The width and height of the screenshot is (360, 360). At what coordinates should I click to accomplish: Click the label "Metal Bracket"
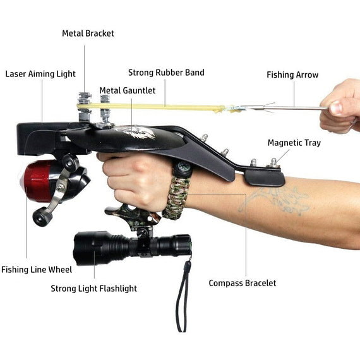[88, 33]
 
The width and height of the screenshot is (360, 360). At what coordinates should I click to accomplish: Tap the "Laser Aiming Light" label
[40, 74]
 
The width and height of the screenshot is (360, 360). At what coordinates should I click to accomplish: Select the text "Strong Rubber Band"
[166, 73]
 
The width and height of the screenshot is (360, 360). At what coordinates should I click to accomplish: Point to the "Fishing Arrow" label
[292, 75]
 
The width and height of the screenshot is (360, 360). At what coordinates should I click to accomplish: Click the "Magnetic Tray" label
[294, 143]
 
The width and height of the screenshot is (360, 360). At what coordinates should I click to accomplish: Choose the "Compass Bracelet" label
[243, 283]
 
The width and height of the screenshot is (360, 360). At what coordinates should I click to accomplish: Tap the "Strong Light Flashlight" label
[93, 289]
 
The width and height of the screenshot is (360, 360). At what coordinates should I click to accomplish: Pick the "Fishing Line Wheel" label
[37, 270]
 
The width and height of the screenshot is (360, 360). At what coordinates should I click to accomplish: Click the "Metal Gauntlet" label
[128, 90]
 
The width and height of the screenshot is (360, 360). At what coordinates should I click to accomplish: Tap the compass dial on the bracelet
[183, 169]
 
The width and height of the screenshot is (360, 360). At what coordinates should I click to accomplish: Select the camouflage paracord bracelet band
[176, 198]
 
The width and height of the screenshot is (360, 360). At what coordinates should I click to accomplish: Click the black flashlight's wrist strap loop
[183, 296]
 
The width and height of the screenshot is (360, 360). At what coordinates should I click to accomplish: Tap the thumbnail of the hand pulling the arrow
[337, 107]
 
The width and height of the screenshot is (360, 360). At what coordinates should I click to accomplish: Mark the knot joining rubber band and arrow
[222, 109]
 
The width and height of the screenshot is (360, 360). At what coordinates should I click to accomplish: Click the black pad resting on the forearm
[264, 178]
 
